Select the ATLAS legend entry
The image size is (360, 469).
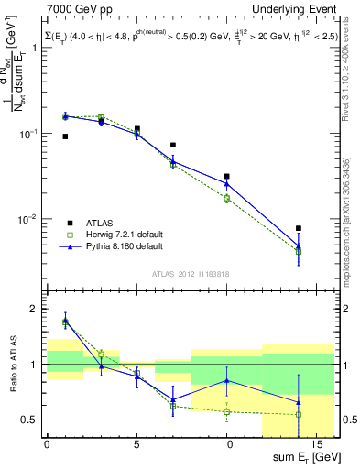click(100, 223)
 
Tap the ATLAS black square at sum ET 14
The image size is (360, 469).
click(299, 228)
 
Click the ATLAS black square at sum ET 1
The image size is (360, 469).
click(65, 136)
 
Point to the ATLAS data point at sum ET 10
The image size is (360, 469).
click(226, 176)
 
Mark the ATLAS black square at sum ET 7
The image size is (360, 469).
click(173, 145)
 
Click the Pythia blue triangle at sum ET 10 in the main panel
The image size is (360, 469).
click(226, 184)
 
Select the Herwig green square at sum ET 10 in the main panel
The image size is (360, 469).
click(226, 198)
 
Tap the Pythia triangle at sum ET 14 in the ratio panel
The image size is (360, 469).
click(299, 402)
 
